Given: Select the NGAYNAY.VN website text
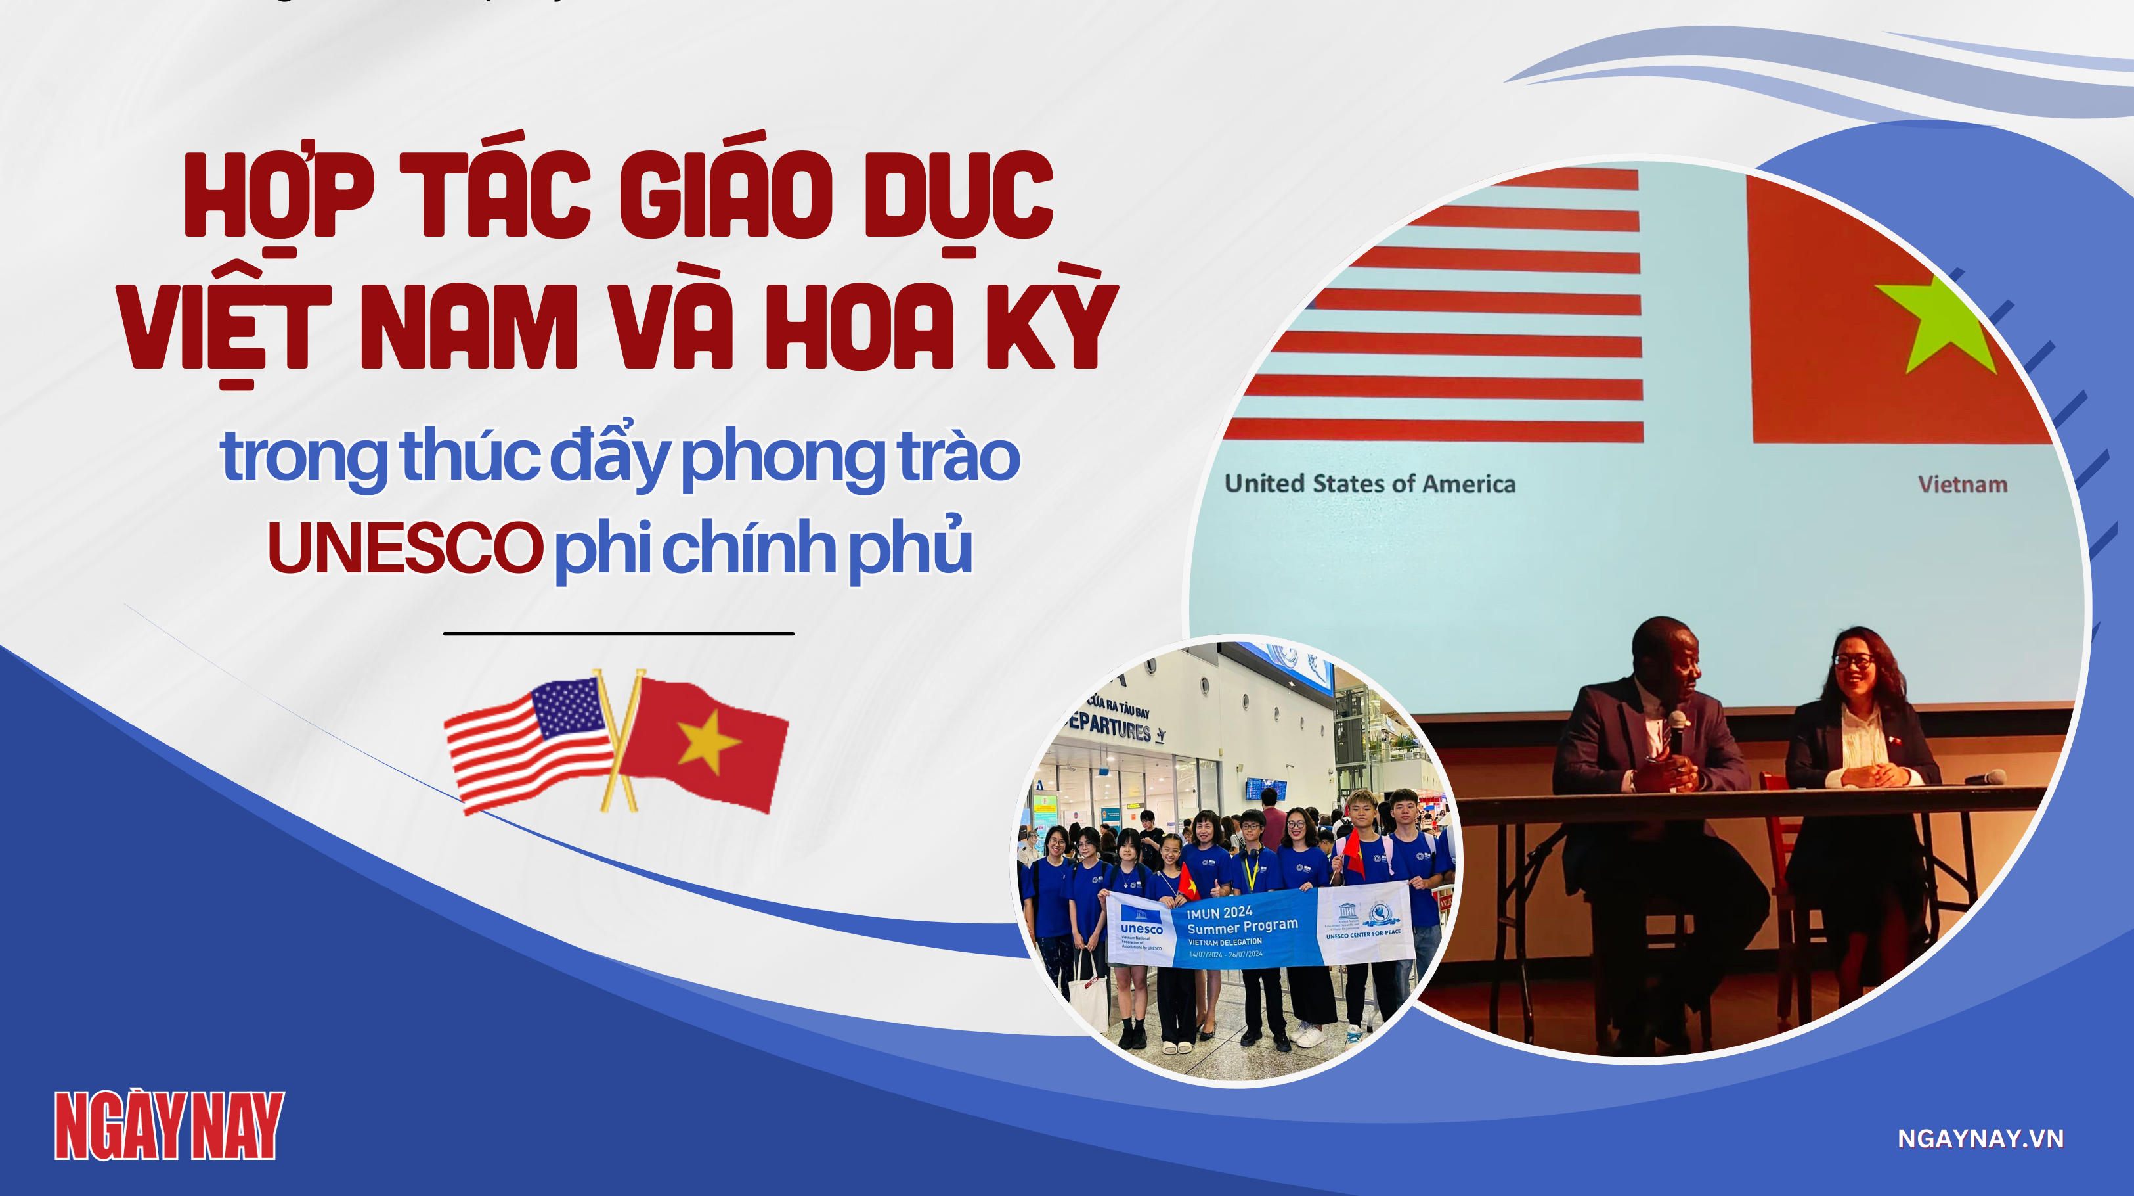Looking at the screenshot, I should pyautogui.click(x=1980, y=1138).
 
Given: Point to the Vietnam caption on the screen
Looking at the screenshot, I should pyautogui.click(x=1963, y=484).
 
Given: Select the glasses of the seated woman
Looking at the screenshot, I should pyautogui.click(x=1854, y=660).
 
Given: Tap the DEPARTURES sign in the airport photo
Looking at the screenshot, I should pyautogui.click(x=1114, y=726).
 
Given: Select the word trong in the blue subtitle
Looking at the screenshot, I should pyautogui.click(x=303, y=458).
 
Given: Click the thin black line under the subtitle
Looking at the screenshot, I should pyautogui.click(x=618, y=634).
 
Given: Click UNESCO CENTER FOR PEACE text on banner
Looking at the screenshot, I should pyautogui.click(x=1362, y=934).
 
